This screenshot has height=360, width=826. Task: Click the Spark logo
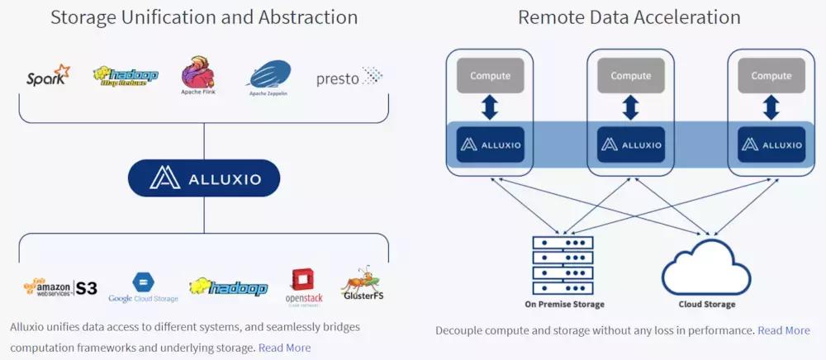tap(48, 77)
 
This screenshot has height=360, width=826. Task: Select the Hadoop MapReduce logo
tap(125, 77)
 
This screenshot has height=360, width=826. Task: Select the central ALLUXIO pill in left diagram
tap(204, 178)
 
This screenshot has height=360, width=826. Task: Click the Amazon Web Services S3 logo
tap(60, 287)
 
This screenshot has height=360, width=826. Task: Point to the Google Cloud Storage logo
tap(143, 287)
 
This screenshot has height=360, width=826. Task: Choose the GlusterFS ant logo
tap(363, 284)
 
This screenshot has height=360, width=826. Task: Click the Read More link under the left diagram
tap(284, 348)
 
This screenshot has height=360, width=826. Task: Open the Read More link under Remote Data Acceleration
tap(783, 330)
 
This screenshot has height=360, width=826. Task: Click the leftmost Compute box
tap(491, 76)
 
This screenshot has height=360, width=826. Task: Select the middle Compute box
tap(630, 76)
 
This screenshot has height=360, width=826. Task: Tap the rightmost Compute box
tap(771, 76)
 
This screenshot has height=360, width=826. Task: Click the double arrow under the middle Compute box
tap(630, 108)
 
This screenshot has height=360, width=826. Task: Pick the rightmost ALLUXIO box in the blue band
tap(771, 144)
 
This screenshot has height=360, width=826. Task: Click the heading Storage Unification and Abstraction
tap(204, 17)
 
